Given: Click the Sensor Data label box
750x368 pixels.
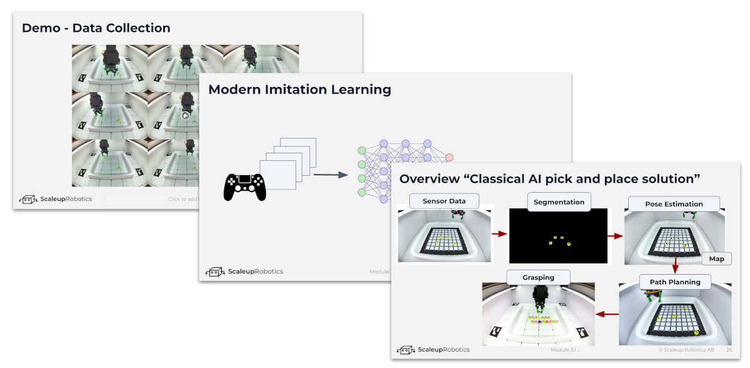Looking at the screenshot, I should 443,202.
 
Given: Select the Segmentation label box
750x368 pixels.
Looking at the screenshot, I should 559,202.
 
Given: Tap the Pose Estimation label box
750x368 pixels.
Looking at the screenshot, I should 674,204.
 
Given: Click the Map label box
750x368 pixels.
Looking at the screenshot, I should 716,258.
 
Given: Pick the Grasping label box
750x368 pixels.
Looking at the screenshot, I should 538,277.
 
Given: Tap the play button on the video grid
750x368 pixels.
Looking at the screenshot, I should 186,115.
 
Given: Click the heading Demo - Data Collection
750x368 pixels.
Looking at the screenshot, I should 96,28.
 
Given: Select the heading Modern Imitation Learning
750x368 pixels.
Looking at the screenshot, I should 299,89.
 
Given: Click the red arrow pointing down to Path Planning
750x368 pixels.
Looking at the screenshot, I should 675,266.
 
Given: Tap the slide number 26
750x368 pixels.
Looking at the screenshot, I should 729,350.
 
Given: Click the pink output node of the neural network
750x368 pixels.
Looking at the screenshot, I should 449,157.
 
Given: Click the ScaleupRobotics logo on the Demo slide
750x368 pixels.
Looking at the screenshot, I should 55,199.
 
